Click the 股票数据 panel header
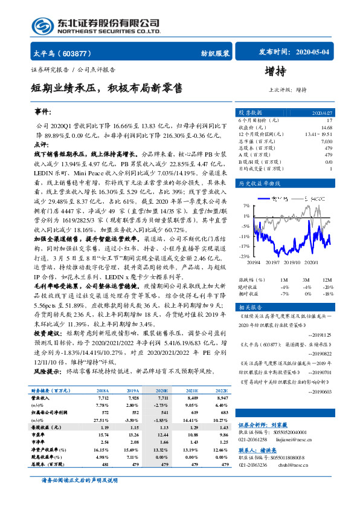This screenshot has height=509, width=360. pyautogui.click(x=250, y=112)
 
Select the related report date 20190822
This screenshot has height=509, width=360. pyautogui.click(x=320, y=352)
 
